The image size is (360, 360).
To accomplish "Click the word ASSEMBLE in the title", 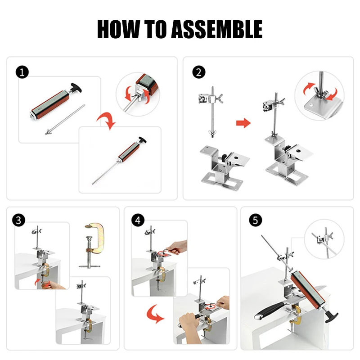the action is [217, 29].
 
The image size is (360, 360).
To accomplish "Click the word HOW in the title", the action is [118, 29].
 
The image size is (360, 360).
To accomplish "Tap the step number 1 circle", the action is [22, 72].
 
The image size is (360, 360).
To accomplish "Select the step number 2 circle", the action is [199, 72].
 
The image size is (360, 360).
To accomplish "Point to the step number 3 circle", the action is [18, 220].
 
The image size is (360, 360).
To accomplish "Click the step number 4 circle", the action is [138, 220].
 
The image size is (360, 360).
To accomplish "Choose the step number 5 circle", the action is [256, 220].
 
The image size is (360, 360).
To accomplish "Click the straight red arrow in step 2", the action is [243, 123].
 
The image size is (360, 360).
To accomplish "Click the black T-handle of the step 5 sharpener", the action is [332, 316].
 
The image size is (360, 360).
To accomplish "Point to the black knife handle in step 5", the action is [269, 310].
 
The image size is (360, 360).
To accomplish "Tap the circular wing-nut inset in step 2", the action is [319, 95].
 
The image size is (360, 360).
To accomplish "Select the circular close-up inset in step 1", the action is [138, 94].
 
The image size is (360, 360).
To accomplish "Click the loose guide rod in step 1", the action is [65, 120].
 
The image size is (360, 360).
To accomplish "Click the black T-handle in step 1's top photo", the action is [75, 88].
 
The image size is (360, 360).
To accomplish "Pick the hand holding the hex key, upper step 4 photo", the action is [177, 247].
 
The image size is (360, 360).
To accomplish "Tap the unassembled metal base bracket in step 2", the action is [224, 165].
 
